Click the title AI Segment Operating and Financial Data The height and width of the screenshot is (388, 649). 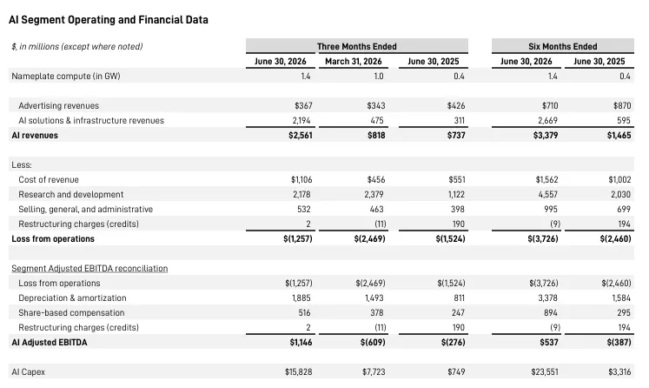[x=109, y=20]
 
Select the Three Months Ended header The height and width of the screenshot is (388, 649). [x=357, y=46]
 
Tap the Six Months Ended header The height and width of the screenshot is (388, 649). [x=562, y=46]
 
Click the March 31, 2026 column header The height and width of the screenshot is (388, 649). [x=354, y=62]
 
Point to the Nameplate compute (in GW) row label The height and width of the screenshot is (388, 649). [x=66, y=77]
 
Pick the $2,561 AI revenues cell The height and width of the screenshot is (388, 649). [x=301, y=135]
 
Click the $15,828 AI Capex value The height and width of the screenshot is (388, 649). [x=298, y=371]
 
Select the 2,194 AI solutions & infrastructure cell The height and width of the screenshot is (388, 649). [x=301, y=121]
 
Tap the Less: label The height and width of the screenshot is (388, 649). [x=22, y=165]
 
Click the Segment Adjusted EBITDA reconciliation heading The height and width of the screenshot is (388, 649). [x=89, y=269]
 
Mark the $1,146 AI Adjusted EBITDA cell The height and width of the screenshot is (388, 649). [x=301, y=343]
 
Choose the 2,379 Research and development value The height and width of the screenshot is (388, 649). [x=374, y=194]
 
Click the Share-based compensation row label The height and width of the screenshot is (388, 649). [x=71, y=313]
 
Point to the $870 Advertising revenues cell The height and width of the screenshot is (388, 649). [x=622, y=106]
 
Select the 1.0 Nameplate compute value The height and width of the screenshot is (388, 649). [x=379, y=77]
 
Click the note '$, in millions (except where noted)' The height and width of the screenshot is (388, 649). [x=77, y=46]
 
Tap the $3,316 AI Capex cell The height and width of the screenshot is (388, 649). [x=619, y=371]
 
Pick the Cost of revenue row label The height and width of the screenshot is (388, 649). [x=49, y=180]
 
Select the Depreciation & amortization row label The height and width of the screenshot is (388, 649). [x=72, y=298]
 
